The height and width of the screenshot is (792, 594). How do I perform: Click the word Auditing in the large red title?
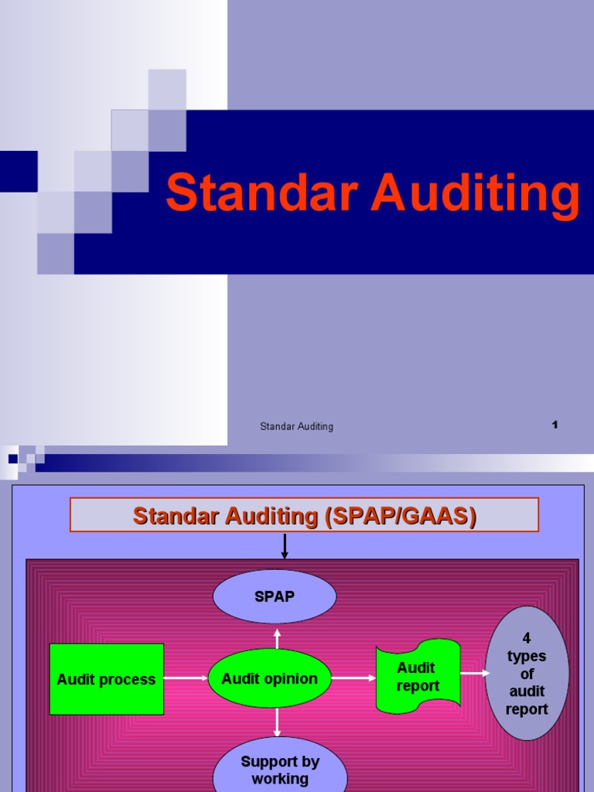tap(475, 194)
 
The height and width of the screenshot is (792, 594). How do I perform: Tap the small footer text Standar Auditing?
tap(296, 426)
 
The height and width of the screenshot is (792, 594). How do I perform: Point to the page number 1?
tap(555, 425)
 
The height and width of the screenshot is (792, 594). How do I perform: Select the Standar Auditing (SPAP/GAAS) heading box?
tap(304, 515)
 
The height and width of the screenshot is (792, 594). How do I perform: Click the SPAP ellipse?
tap(275, 597)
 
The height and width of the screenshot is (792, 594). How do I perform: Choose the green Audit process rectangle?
tap(107, 679)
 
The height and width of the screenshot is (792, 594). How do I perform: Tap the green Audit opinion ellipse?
tap(269, 678)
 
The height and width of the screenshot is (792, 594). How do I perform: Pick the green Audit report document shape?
tap(418, 676)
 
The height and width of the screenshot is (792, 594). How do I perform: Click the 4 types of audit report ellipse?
tap(527, 673)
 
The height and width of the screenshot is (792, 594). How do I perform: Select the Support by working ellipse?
tap(280, 769)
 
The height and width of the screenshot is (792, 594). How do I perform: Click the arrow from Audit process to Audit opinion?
tap(186, 678)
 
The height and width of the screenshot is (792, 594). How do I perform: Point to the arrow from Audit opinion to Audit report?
tap(353, 678)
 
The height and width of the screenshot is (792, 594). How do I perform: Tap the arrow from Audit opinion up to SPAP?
tap(277, 637)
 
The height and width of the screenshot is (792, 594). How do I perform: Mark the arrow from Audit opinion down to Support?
tap(277, 722)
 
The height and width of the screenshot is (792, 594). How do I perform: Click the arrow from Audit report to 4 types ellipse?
tap(475, 673)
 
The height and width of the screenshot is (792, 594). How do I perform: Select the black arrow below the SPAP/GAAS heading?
tap(285, 546)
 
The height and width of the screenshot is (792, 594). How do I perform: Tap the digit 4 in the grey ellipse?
tap(527, 639)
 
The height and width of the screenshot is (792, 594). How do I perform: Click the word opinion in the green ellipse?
tap(291, 678)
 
